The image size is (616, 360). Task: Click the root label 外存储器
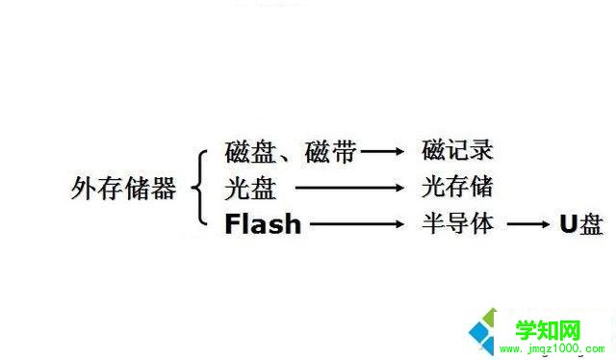tap(124, 189)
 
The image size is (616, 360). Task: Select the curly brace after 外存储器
tap(200, 188)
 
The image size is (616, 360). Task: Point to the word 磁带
tap(330, 151)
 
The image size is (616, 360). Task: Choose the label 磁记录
tap(457, 151)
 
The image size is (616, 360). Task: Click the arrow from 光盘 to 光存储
tap(346, 188)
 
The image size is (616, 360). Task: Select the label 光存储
tap(457, 187)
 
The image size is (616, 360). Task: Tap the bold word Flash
tap(263, 225)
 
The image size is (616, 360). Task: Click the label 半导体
tap(457, 224)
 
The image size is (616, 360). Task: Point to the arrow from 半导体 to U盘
tap(528, 225)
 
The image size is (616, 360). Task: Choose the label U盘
tap(581, 225)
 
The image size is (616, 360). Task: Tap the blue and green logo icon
tap(489, 330)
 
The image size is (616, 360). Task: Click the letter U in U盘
tap(568, 225)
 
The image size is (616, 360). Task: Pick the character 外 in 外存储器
tap(85, 189)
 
